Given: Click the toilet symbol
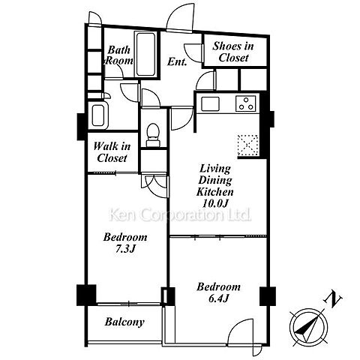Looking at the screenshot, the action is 153,135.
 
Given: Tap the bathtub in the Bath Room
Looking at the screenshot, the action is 145,54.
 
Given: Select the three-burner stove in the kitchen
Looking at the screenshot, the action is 245,103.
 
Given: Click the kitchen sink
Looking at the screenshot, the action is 211,103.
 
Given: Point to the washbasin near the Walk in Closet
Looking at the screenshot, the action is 98,115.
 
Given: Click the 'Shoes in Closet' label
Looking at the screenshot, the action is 233,52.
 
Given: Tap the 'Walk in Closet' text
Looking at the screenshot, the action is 112,152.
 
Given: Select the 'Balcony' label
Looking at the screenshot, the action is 124,322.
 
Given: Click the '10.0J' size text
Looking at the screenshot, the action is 215,203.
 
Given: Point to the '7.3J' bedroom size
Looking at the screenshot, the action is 125,249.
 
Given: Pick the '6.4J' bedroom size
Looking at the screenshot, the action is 218,298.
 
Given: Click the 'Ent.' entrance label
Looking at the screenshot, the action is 177,61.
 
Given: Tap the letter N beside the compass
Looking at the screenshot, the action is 333,299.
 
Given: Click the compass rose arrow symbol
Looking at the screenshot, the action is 308,327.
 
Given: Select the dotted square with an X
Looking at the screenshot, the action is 247,145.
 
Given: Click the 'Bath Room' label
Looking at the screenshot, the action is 119,55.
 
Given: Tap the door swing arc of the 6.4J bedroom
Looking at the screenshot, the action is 238,325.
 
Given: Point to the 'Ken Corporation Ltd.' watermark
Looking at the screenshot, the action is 180,215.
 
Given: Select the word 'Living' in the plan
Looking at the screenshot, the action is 215,169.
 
